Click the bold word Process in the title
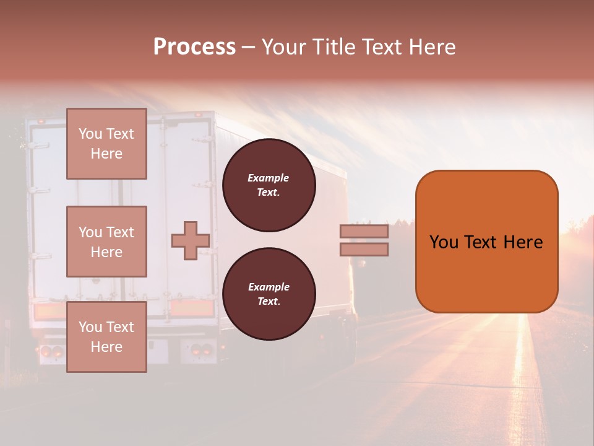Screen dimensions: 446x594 (x=194, y=47)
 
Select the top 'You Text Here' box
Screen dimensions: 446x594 (x=106, y=144)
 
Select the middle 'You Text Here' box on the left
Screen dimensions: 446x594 (x=106, y=242)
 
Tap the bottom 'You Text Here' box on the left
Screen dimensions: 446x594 (x=106, y=336)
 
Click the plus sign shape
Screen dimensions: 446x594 (x=190, y=240)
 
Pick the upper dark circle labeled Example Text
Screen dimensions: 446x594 (x=269, y=185)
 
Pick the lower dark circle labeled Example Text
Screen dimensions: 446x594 (x=269, y=294)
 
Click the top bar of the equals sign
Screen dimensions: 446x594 (x=364, y=232)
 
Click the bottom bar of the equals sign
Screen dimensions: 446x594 (x=364, y=249)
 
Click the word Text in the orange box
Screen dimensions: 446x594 (x=484, y=242)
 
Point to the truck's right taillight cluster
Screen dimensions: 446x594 (x=199, y=351)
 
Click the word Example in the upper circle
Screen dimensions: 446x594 (x=269, y=178)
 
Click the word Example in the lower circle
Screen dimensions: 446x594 (x=269, y=287)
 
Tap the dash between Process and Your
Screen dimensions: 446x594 (x=248, y=48)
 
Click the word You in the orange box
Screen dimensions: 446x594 (x=443, y=242)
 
